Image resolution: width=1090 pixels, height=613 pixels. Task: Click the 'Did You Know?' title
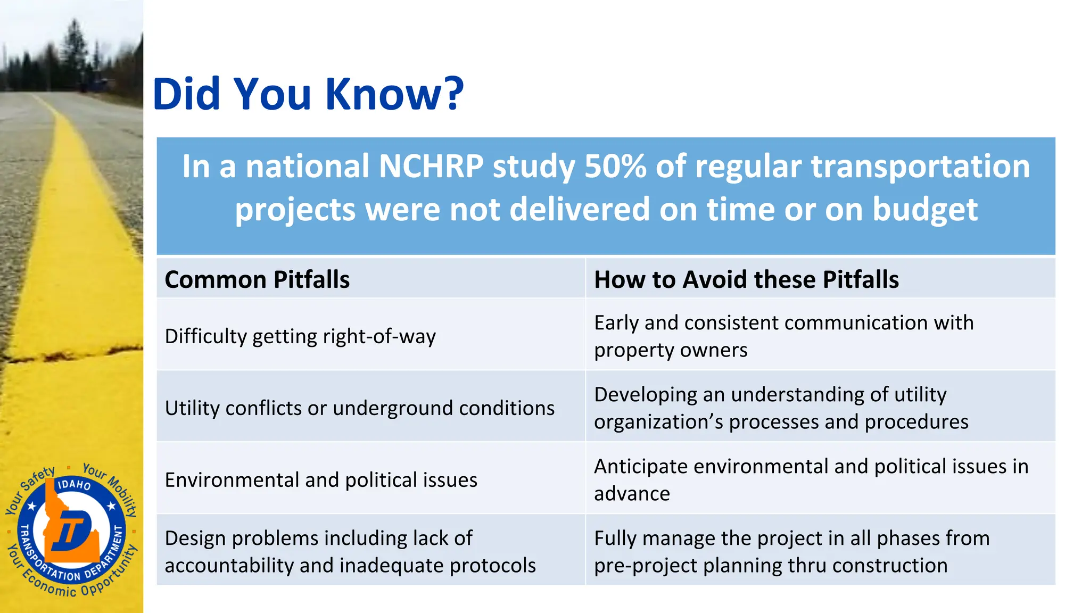tap(308, 94)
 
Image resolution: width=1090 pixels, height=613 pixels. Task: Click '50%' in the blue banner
tap(615, 167)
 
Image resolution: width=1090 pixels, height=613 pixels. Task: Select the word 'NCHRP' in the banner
tap(431, 167)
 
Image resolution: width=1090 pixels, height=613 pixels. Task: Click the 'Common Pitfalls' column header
tap(257, 279)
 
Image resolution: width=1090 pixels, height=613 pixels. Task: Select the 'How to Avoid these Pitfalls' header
tap(746, 279)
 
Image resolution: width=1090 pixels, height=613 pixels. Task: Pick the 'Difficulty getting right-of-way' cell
tap(300, 336)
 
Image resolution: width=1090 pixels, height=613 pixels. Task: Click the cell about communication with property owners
tap(783, 336)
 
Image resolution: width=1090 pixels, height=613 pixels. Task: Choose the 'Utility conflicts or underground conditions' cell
tap(359, 408)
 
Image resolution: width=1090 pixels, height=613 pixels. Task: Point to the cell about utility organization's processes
tap(781, 408)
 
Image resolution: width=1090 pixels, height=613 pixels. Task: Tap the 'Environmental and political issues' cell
tap(321, 480)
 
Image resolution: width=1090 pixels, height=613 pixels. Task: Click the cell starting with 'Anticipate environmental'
tap(811, 480)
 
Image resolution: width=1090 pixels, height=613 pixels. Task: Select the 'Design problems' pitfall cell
tap(350, 551)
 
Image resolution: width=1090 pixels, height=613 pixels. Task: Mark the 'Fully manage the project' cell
tap(791, 551)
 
